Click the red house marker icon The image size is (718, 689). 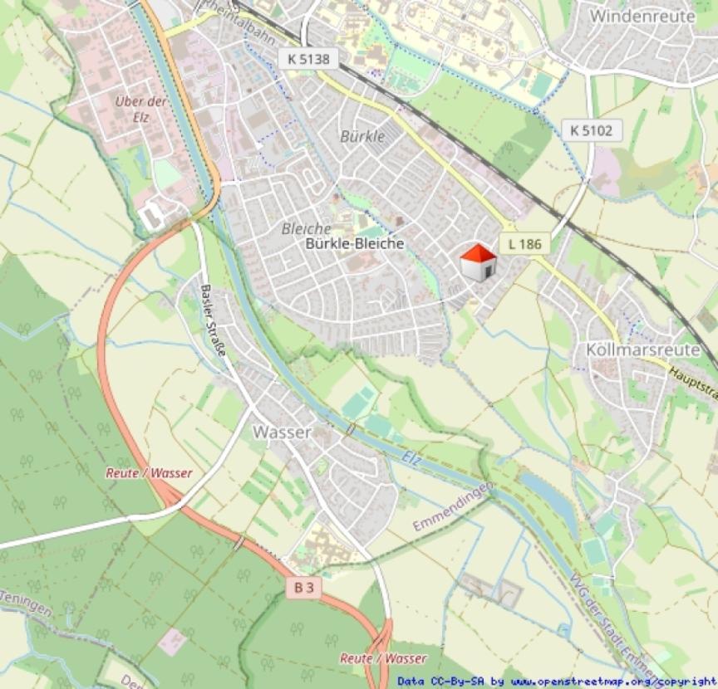click(479, 262)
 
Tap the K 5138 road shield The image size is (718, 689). click(308, 58)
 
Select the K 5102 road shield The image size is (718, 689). click(591, 130)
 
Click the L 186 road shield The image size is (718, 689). click(524, 243)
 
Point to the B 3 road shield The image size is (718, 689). click(304, 588)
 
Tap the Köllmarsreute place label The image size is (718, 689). click(643, 349)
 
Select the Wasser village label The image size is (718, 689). click(283, 432)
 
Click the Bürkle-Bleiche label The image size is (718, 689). click(355, 243)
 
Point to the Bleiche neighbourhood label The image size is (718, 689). click(306, 228)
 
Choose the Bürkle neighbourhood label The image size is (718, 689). click(363, 136)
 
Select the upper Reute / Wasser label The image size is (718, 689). click(149, 473)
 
